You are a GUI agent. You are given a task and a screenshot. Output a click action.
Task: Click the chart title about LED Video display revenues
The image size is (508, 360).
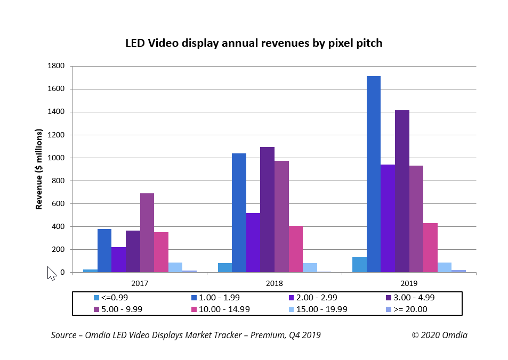[x=254, y=43]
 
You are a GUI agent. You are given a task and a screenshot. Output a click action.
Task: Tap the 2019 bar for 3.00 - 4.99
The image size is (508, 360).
[x=402, y=191]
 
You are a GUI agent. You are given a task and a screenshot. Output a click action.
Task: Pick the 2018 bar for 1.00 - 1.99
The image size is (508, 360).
[x=239, y=213]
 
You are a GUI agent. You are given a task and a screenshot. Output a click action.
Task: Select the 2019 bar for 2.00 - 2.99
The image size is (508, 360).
[x=388, y=218]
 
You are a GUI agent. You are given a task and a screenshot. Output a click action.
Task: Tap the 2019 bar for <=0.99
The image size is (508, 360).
[x=359, y=265]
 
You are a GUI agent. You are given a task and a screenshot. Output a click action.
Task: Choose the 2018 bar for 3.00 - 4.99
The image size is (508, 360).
[x=267, y=210]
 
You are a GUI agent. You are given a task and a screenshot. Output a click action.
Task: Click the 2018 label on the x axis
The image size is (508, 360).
[x=274, y=283]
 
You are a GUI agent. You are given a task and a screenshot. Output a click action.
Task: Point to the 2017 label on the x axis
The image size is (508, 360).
[x=140, y=283]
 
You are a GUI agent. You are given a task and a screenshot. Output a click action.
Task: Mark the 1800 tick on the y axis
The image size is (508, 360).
[x=56, y=66]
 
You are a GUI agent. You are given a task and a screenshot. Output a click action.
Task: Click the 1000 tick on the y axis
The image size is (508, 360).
[x=56, y=158]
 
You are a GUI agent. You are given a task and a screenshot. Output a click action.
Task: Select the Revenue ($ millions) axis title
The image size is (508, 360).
[x=39, y=169]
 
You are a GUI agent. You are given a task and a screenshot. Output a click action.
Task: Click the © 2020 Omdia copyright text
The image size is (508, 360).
[x=439, y=335]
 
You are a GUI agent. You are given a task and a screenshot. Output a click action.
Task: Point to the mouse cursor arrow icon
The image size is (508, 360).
[x=51, y=273]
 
